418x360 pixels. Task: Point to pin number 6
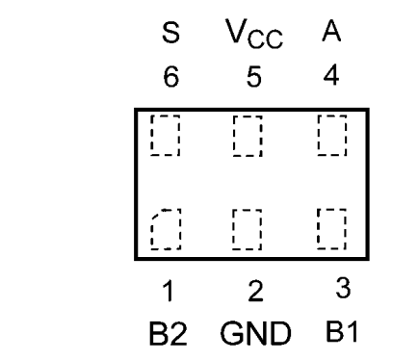(170, 77)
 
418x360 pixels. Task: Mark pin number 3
(331, 287)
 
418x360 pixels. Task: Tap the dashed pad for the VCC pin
(248, 135)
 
